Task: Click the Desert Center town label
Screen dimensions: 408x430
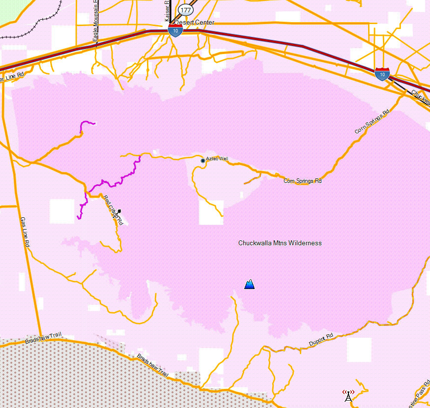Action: (x=194, y=23)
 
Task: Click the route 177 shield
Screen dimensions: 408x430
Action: (x=185, y=10)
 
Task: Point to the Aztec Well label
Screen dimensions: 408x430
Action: (x=217, y=159)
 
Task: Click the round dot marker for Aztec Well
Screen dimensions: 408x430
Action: (x=202, y=161)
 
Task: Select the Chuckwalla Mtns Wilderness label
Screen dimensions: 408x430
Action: (x=280, y=243)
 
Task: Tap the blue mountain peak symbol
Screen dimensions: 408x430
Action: (x=250, y=284)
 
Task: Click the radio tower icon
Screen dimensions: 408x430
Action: (x=348, y=395)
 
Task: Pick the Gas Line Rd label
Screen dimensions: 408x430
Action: (x=26, y=232)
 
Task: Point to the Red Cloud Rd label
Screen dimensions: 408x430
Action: (x=113, y=210)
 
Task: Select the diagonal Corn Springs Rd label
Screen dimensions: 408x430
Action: (x=372, y=122)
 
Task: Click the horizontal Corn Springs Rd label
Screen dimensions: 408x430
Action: (x=303, y=181)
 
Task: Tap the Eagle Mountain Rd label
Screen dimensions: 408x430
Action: (x=96, y=22)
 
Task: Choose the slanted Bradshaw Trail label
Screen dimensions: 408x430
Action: (x=153, y=366)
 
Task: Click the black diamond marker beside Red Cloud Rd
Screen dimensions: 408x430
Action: (x=119, y=211)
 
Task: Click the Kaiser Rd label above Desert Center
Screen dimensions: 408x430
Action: (x=167, y=10)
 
